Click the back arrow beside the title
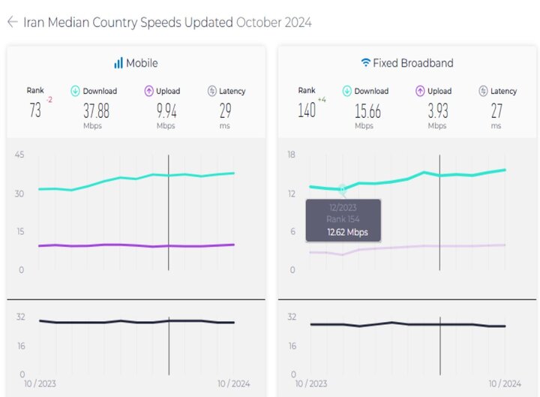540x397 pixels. [x=12, y=23]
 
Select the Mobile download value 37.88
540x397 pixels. [x=96, y=111]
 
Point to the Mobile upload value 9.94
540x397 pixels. [x=166, y=111]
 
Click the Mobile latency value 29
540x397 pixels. [x=225, y=111]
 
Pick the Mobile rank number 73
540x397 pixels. [x=35, y=111]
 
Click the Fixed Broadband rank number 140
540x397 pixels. [x=306, y=111]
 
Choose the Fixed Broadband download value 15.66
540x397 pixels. [x=368, y=111]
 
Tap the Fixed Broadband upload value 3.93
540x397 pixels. [x=437, y=111]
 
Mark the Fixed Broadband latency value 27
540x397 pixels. [x=496, y=111]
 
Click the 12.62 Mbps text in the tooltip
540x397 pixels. [x=347, y=233]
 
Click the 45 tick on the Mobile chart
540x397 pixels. [x=19, y=155]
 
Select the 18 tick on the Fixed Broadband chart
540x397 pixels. [x=292, y=155]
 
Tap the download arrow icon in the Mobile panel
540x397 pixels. [x=75, y=92]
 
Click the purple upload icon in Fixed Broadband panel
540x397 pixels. [x=420, y=92]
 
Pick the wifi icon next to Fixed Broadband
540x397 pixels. [x=366, y=63]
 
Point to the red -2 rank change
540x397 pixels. [x=49, y=100]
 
